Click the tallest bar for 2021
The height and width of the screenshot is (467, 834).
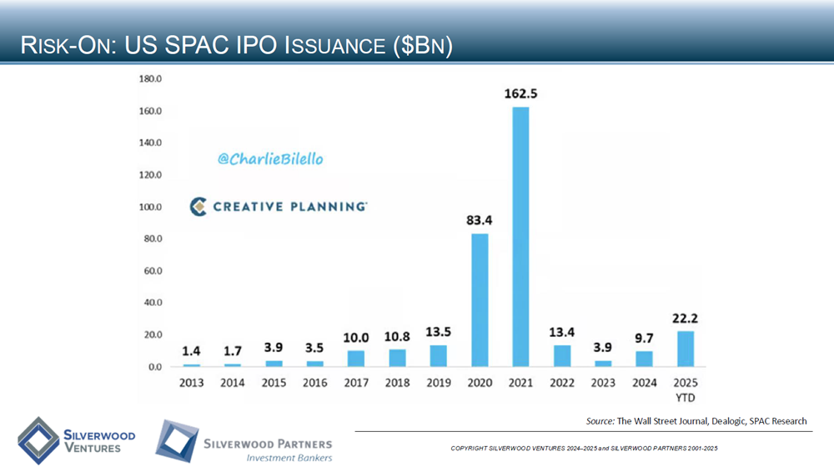click(520, 237)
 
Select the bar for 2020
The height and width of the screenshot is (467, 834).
click(480, 300)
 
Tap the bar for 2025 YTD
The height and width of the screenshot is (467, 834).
click(685, 349)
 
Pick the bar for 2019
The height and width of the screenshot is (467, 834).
click(439, 356)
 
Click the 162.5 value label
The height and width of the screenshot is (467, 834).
click(520, 94)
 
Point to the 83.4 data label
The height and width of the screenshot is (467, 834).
click(480, 221)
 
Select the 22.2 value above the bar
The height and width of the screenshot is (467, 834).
click(685, 318)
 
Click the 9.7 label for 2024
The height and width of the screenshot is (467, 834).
click(644, 338)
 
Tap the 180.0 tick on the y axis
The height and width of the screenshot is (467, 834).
click(150, 79)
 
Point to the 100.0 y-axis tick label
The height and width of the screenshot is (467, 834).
click(150, 207)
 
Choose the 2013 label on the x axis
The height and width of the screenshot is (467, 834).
click(192, 382)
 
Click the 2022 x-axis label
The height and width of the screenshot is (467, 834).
click(561, 382)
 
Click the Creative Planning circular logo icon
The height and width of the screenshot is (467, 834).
click(198, 206)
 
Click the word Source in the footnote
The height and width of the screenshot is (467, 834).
click(600, 421)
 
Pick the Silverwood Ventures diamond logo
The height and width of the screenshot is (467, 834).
click(38, 439)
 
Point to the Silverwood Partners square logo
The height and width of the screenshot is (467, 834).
click(175, 441)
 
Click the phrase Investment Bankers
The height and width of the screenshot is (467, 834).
click(289, 457)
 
